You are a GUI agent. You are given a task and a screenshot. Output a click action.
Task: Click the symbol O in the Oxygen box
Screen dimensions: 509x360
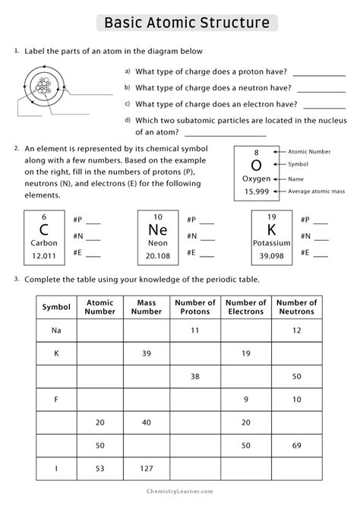point(256,165)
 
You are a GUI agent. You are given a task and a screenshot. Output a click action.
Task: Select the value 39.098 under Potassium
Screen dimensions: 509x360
point(271,255)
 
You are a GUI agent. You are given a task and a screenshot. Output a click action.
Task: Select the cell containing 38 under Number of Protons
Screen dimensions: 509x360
point(195,376)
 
